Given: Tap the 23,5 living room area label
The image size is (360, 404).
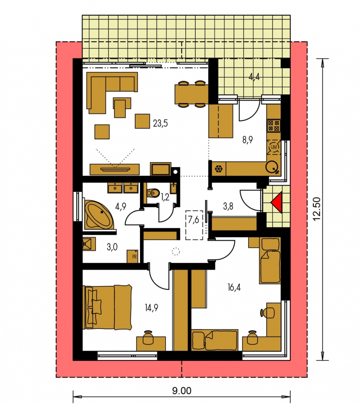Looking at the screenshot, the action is click(160, 124).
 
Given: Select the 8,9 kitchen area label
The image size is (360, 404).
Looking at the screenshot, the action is click(247, 140).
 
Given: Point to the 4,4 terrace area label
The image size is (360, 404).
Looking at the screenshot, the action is click(254, 76).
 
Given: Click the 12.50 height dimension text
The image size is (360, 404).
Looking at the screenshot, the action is click(317, 209).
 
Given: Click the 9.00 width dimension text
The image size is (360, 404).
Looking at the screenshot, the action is click(182, 391).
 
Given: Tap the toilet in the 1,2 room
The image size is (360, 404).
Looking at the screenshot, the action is click(153, 193).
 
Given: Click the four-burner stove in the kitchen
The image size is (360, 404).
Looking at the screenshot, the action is click(274, 126).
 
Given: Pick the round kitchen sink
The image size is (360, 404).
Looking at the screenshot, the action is click(272, 167).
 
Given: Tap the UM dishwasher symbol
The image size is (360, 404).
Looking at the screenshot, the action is click(274, 147).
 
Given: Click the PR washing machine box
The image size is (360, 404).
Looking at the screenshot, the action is click(133, 256).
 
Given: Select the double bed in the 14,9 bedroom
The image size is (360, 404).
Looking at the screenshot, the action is click(108, 307).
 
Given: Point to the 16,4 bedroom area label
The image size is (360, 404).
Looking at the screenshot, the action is click(234, 287).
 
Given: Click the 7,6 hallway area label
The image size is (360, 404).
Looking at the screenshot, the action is click(193, 220).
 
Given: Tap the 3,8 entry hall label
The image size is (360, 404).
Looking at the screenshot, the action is click(228, 206).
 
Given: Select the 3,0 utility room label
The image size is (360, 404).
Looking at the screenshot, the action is click(112, 247).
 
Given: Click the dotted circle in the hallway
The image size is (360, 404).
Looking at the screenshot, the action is click(176, 251).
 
